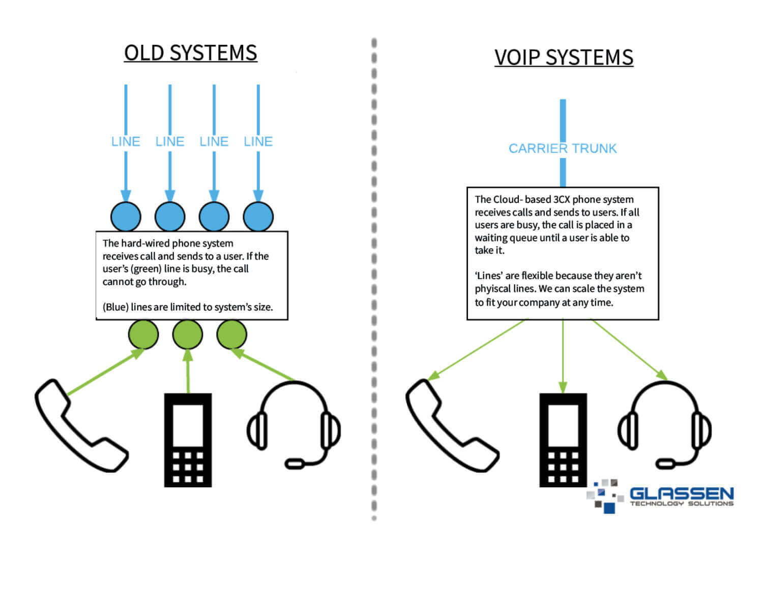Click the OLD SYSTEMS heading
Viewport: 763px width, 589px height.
(190, 53)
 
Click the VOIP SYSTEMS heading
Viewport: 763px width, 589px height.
(564, 57)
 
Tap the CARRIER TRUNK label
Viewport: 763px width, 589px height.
(563, 148)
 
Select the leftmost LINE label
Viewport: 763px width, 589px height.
(126, 142)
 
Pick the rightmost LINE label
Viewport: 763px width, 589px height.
(258, 142)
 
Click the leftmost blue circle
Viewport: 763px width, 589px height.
(126, 216)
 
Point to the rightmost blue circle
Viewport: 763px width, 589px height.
(258, 216)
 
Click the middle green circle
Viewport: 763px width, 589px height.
(188, 334)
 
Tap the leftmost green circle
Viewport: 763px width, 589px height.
(143, 334)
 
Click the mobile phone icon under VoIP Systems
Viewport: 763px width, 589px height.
(563, 440)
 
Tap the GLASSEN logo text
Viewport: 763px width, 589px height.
(681, 493)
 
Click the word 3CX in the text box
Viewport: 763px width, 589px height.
(562, 200)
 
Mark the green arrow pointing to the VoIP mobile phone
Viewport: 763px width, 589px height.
(563, 356)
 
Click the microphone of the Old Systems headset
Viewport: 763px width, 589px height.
(296, 463)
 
